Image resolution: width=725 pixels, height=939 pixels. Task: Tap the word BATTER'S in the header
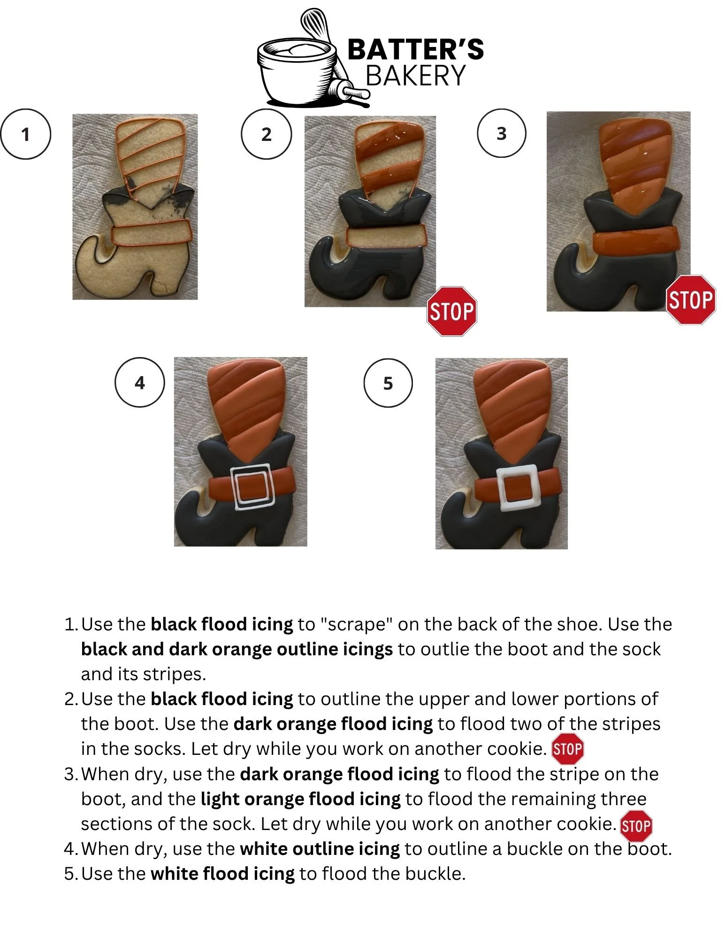(416, 49)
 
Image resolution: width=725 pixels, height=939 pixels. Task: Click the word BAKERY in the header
(416, 75)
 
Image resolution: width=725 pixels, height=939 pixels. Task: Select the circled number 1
(25, 134)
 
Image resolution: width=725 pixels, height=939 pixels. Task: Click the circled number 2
(266, 134)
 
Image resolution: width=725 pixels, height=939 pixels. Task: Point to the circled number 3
(501, 133)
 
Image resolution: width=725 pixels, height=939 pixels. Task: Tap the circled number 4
(140, 383)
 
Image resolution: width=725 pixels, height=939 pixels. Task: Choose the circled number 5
(388, 383)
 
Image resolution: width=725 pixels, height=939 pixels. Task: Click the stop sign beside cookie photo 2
(452, 311)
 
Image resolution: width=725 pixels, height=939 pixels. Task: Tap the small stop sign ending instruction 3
(636, 826)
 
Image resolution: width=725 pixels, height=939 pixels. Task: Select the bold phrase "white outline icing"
(320, 849)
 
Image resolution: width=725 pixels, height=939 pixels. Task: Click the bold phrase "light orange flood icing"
(301, 799)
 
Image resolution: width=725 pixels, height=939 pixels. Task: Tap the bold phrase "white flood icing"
(223, 874)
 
